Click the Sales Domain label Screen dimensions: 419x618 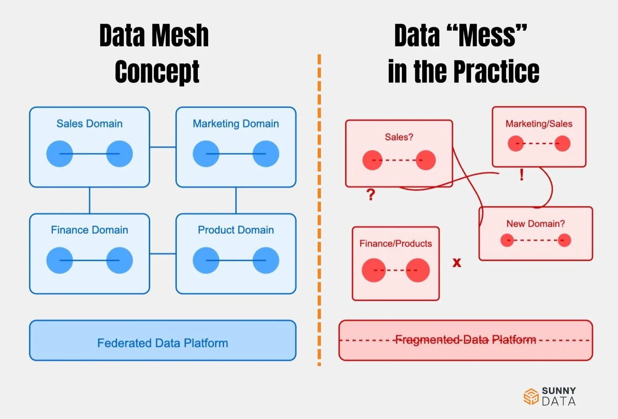pos(89,124)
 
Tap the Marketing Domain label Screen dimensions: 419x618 pos(236,124)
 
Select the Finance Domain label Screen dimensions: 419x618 pos(89,230)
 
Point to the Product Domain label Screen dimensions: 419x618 pos(236,230)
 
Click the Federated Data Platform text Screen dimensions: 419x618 pos(162,343)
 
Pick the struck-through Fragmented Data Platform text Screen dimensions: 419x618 pos(466,340)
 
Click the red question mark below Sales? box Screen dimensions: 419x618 pos(371,194)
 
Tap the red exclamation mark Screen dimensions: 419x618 pos(522,175)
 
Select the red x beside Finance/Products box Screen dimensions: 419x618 pos(457,263)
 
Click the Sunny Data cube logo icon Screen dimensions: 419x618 pos(531,396)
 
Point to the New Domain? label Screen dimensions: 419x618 pos(536,224)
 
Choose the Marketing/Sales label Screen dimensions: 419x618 pos(539,124)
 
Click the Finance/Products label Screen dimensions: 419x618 pos(396,244)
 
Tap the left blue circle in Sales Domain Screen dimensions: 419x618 pos(60,154)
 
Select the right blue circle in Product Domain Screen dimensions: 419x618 pos(266,260)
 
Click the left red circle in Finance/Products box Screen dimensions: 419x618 pos(374,270)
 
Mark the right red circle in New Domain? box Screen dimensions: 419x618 pos(564,240)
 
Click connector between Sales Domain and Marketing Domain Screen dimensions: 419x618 pos(163,147)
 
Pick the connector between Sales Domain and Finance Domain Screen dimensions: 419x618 pos(89,200)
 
